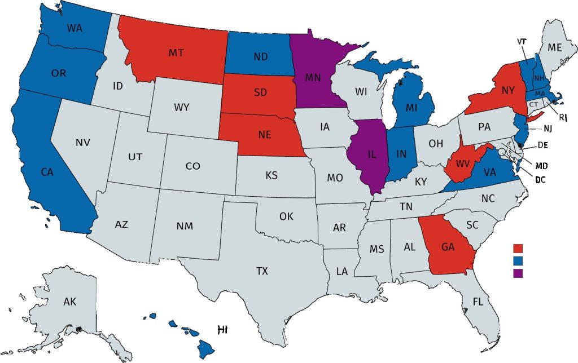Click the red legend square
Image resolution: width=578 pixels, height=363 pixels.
[518, 248]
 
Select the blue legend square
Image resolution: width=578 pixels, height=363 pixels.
[518, 260]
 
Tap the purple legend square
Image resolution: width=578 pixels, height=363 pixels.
[518, 273]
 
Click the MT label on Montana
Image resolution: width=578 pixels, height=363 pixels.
[175, 53]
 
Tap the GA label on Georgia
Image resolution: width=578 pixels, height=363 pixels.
[448, 246]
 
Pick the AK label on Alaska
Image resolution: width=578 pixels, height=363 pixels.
[69, 302]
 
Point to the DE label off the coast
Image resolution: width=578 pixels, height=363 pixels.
[542, 145]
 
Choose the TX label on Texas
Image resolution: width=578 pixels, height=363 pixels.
[262, 271]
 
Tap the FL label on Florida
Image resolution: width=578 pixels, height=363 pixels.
[478, 302]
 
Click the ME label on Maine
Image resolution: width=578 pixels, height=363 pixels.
[555, 48]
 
